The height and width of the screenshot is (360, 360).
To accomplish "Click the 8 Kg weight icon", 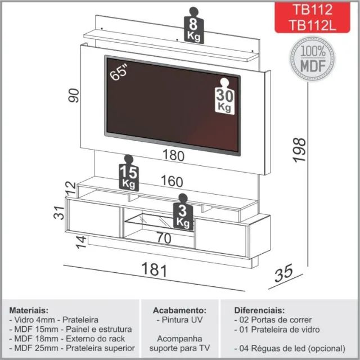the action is coord(193,25).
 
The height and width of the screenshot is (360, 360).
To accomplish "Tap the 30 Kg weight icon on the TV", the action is coord(224,96).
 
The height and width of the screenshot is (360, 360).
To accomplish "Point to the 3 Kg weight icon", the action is coord(183,212).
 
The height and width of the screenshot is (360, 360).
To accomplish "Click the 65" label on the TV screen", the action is coord(119,72).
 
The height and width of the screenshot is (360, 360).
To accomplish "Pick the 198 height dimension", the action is coord(300,150).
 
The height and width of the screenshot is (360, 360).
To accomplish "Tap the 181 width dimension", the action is coord(154,269).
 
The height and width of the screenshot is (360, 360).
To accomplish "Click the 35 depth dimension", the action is coord(283,273).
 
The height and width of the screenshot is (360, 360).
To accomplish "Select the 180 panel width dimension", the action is coord(173,155).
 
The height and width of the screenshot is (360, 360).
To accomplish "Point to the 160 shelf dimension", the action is coord(172,181).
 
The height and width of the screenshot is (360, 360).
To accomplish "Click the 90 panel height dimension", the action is coord(74,95).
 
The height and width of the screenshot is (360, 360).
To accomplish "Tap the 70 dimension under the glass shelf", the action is coord(164,238).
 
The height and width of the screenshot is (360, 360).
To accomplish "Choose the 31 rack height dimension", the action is coord(58,213).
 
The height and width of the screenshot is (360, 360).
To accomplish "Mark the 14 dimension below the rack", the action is coord(81,242).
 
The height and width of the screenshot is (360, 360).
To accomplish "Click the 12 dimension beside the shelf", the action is coord(70,188).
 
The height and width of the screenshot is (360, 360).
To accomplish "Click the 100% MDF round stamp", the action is coord(313,58).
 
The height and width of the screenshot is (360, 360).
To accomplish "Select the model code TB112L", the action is coord(313,25).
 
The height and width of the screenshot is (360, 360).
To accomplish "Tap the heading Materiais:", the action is coord(29,310).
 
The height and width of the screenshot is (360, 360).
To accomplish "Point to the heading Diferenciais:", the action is coord(259,310).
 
